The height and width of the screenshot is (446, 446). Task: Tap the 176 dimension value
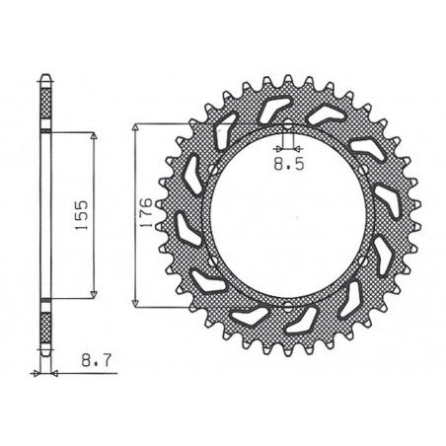tap(144, 213)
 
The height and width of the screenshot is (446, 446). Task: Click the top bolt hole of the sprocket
tap(286, 126)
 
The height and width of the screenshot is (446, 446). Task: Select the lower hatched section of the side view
tap(44, 326)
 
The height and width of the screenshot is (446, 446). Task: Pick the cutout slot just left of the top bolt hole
tap(264, 115)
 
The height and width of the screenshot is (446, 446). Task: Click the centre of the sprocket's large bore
tap(286, 215)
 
